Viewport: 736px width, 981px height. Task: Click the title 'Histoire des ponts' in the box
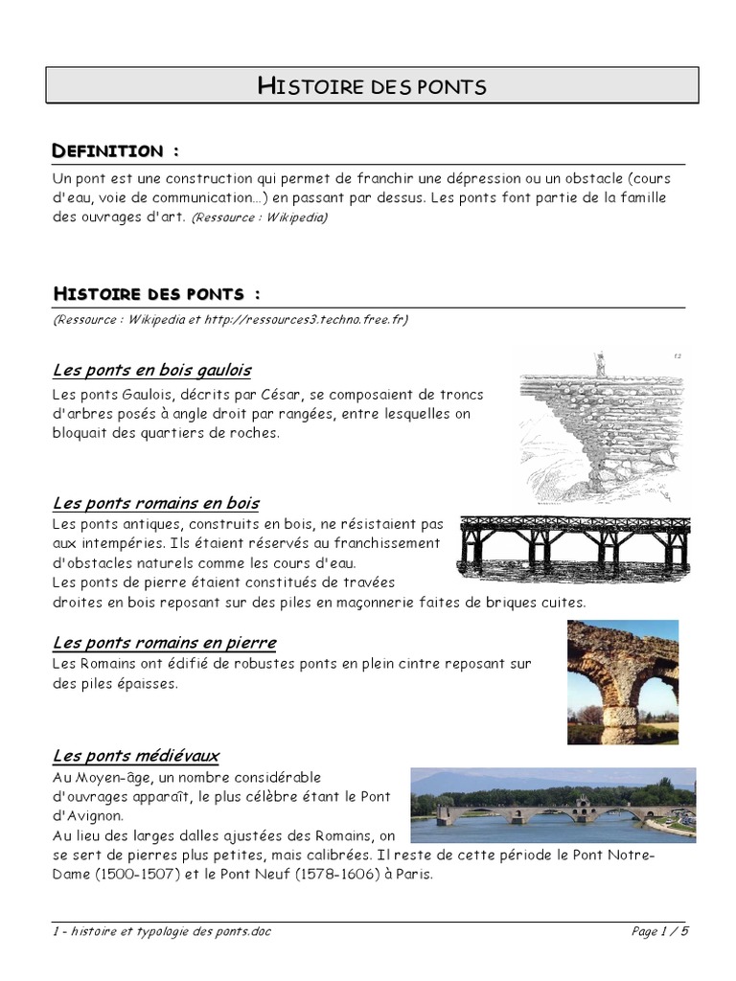click(372, 86)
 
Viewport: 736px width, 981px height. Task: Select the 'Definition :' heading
click(115, 151)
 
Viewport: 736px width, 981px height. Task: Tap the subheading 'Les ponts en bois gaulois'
click(151, 370)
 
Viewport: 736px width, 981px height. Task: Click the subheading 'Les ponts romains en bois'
click(155, 503)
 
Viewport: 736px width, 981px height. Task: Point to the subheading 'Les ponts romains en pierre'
click(164, 642)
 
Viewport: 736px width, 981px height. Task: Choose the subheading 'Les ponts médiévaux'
click(135, 756)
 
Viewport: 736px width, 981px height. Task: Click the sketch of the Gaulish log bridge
click(602, 427)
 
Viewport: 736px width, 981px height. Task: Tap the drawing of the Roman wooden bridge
click(574, 544)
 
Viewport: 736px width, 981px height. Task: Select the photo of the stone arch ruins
click(622, 681)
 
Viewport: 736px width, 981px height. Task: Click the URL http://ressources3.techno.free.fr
click(306, 320)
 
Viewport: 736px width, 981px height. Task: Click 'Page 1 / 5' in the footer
click(660, 931)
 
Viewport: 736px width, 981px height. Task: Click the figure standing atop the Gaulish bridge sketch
click(600, 363)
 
